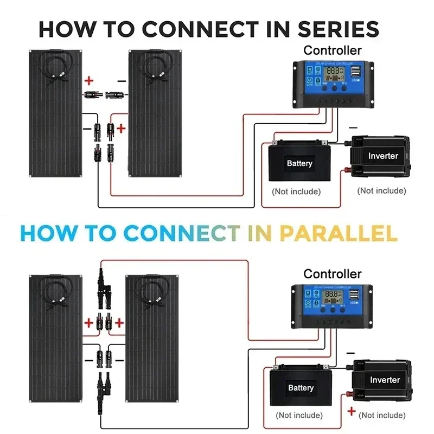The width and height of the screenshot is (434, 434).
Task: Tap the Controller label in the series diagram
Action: [x=332, y=50]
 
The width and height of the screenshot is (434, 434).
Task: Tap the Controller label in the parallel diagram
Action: [x=332, y=274]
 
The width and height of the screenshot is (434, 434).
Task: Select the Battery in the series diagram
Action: [x=299, y=163]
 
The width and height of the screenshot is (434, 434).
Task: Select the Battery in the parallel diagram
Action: [x=301, y=387]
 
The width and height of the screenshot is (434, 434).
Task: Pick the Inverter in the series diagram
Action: [x=383, y=156]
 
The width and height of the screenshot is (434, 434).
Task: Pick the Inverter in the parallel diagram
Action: [x=384, y=380]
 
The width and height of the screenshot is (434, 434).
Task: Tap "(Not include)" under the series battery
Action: [x=296, y=191]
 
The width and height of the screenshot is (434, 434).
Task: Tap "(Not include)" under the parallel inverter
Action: [x=382, y=415]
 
